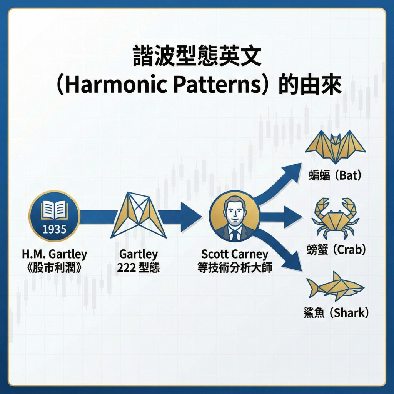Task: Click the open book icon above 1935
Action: click(54, 210)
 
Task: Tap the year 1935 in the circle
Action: click(54, 229)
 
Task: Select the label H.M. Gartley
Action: click(54, 254)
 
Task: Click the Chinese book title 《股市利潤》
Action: click(54, 267)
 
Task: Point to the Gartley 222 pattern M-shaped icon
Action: click(138, 215)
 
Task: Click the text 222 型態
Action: click(138, 267)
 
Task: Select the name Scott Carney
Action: click(234, 254)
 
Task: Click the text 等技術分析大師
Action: click(234, 267)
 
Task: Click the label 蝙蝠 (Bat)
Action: click(336, 176)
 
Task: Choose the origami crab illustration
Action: click(336, 217)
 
